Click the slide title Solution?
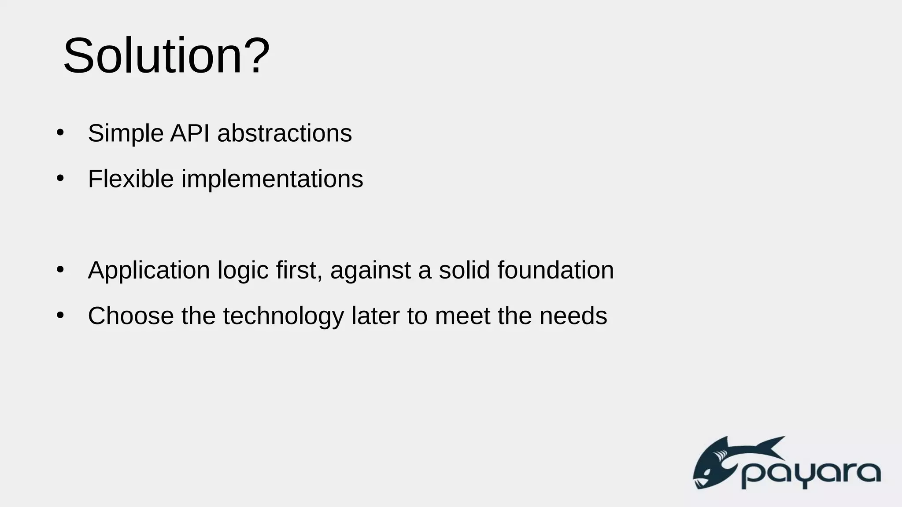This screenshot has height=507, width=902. [166, 56]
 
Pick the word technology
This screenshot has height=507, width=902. [283, 317]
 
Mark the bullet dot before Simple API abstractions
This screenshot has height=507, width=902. [60, 132]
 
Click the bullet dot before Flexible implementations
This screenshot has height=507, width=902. [60, 178]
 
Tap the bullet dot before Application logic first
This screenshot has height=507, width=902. [60, 269]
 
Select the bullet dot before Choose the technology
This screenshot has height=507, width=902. [60, 315]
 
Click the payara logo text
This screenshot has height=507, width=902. [810, 474]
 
